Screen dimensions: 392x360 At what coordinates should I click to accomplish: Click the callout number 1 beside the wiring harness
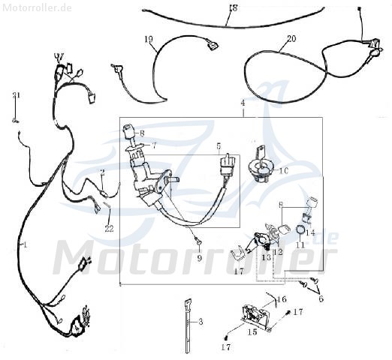click(25, 244)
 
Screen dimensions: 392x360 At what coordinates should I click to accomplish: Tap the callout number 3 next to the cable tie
click(201, 322)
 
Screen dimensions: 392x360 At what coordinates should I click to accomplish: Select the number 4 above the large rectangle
click(243, 103)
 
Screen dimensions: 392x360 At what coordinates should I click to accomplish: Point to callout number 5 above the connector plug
click(219, 145)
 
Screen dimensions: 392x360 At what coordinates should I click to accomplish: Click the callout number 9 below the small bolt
click(199, 257)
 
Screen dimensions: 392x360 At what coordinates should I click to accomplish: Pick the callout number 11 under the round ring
click(300, 244)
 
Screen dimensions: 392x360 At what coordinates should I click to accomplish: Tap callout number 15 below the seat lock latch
click(252, 331)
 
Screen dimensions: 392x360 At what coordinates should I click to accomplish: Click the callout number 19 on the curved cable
click(149, 39)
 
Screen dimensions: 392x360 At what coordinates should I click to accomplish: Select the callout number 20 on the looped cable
click(291, 39)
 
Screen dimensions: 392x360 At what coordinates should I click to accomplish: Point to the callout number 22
click(109, 228)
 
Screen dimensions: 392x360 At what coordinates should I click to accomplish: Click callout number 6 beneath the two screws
click(321, 298)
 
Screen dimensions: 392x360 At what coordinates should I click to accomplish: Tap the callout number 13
click(267, 256)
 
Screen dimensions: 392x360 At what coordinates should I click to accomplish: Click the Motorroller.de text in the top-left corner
click(37, 7)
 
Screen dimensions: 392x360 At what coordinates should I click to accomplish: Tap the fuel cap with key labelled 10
click(261, 167)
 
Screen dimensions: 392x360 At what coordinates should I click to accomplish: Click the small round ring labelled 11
click(300, 229)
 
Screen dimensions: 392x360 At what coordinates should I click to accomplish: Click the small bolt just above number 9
click(198, 241)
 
